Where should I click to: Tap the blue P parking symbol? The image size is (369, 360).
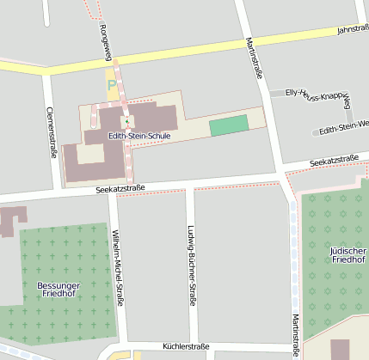111,85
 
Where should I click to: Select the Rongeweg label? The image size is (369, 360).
104,40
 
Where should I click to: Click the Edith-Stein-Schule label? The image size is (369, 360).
139,136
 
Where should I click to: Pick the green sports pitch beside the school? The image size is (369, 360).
228,125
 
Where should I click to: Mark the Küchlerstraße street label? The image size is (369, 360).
186,347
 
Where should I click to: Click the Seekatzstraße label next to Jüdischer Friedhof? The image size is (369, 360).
334,161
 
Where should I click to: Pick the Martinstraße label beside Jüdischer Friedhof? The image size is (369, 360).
296,334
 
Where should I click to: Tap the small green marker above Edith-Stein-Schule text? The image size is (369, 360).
126,122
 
